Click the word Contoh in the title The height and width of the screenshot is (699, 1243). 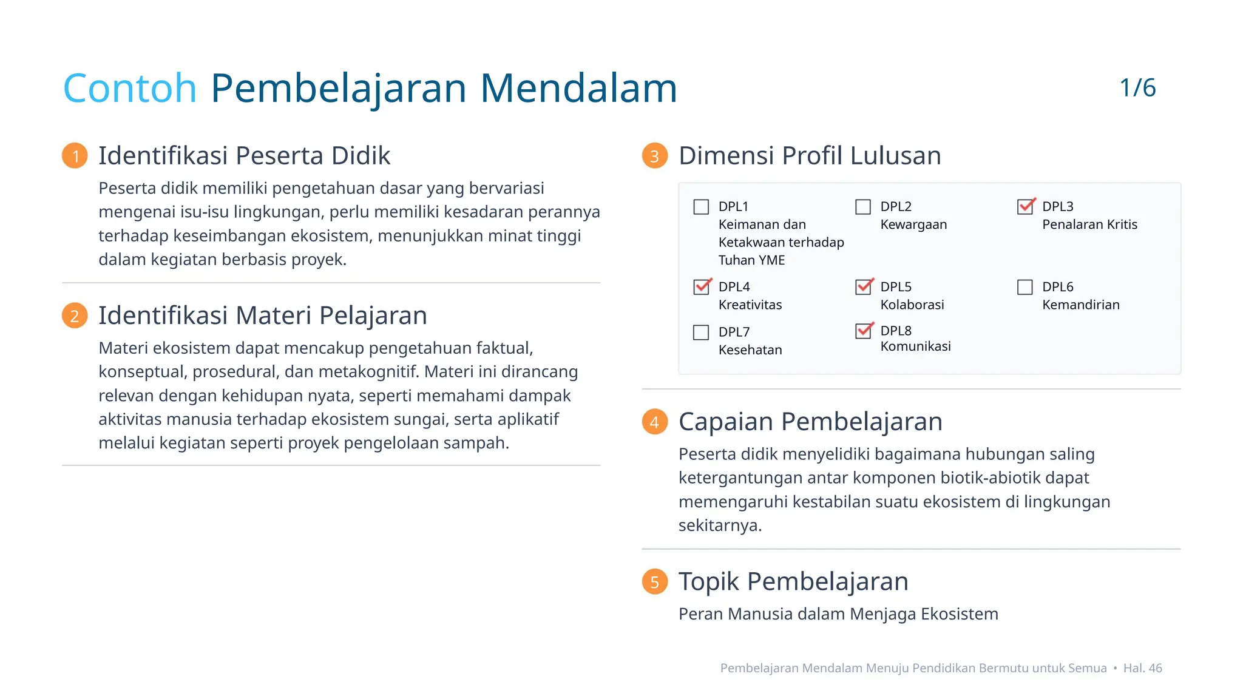pos(130,89)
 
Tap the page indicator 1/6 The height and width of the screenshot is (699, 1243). pos(1137,88)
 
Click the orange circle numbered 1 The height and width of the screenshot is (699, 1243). pos(75,156)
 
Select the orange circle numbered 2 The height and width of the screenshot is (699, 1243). pos(75,316)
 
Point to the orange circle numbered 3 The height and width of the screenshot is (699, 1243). pos(655,156)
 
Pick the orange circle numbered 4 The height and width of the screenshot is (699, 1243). pos(655,422)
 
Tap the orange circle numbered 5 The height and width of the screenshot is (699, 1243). pos(655,581)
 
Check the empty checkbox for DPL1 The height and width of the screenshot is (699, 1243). pos(701,207)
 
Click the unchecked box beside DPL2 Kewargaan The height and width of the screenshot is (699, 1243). pos(863,207)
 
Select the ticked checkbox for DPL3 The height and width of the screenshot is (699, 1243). pos(1025,207)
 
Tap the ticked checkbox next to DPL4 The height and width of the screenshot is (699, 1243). pos(702,287)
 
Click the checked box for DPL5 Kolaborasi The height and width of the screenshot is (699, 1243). pos(864,287)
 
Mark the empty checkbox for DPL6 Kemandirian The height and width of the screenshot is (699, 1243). pos(1025,287)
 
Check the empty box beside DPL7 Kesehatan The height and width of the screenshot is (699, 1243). pos(701,333)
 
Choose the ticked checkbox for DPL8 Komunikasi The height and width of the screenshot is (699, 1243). pos(864,331)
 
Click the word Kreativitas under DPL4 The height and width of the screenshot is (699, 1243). pos(750,305)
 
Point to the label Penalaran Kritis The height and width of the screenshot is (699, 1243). pos(1089,225)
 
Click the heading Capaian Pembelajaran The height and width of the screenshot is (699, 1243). pos(810,422)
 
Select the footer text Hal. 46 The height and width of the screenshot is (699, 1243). pos(1142,668)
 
